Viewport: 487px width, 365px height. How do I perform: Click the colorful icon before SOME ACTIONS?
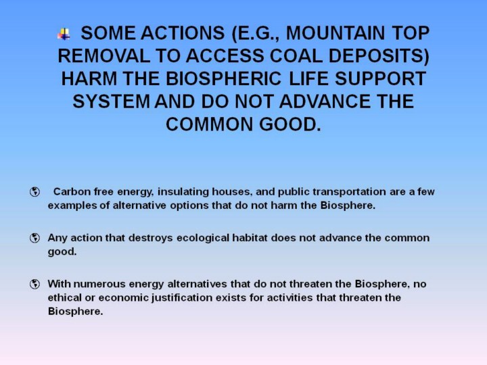[x=64, y=34]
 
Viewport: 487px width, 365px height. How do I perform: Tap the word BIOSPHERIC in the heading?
[x=224, y=78]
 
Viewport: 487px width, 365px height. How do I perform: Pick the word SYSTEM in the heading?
[x=111, y=101]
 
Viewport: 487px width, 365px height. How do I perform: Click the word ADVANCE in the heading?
[x=325, y=101]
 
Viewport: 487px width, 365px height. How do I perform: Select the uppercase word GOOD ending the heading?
[x=290, y=124]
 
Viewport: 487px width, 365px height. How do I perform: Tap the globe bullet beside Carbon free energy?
[x=34, y=192]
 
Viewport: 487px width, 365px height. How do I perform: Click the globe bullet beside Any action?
[x=34, y=238]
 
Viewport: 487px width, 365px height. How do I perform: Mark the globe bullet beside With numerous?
[x=34, y=284]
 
